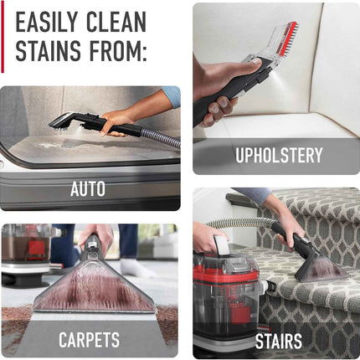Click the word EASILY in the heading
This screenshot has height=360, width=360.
(x=51, y=22)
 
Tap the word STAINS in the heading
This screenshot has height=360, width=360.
(x=49, y=52)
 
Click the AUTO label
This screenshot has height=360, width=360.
(x=87, y=189)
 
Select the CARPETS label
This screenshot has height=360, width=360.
(x=89, y=340)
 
